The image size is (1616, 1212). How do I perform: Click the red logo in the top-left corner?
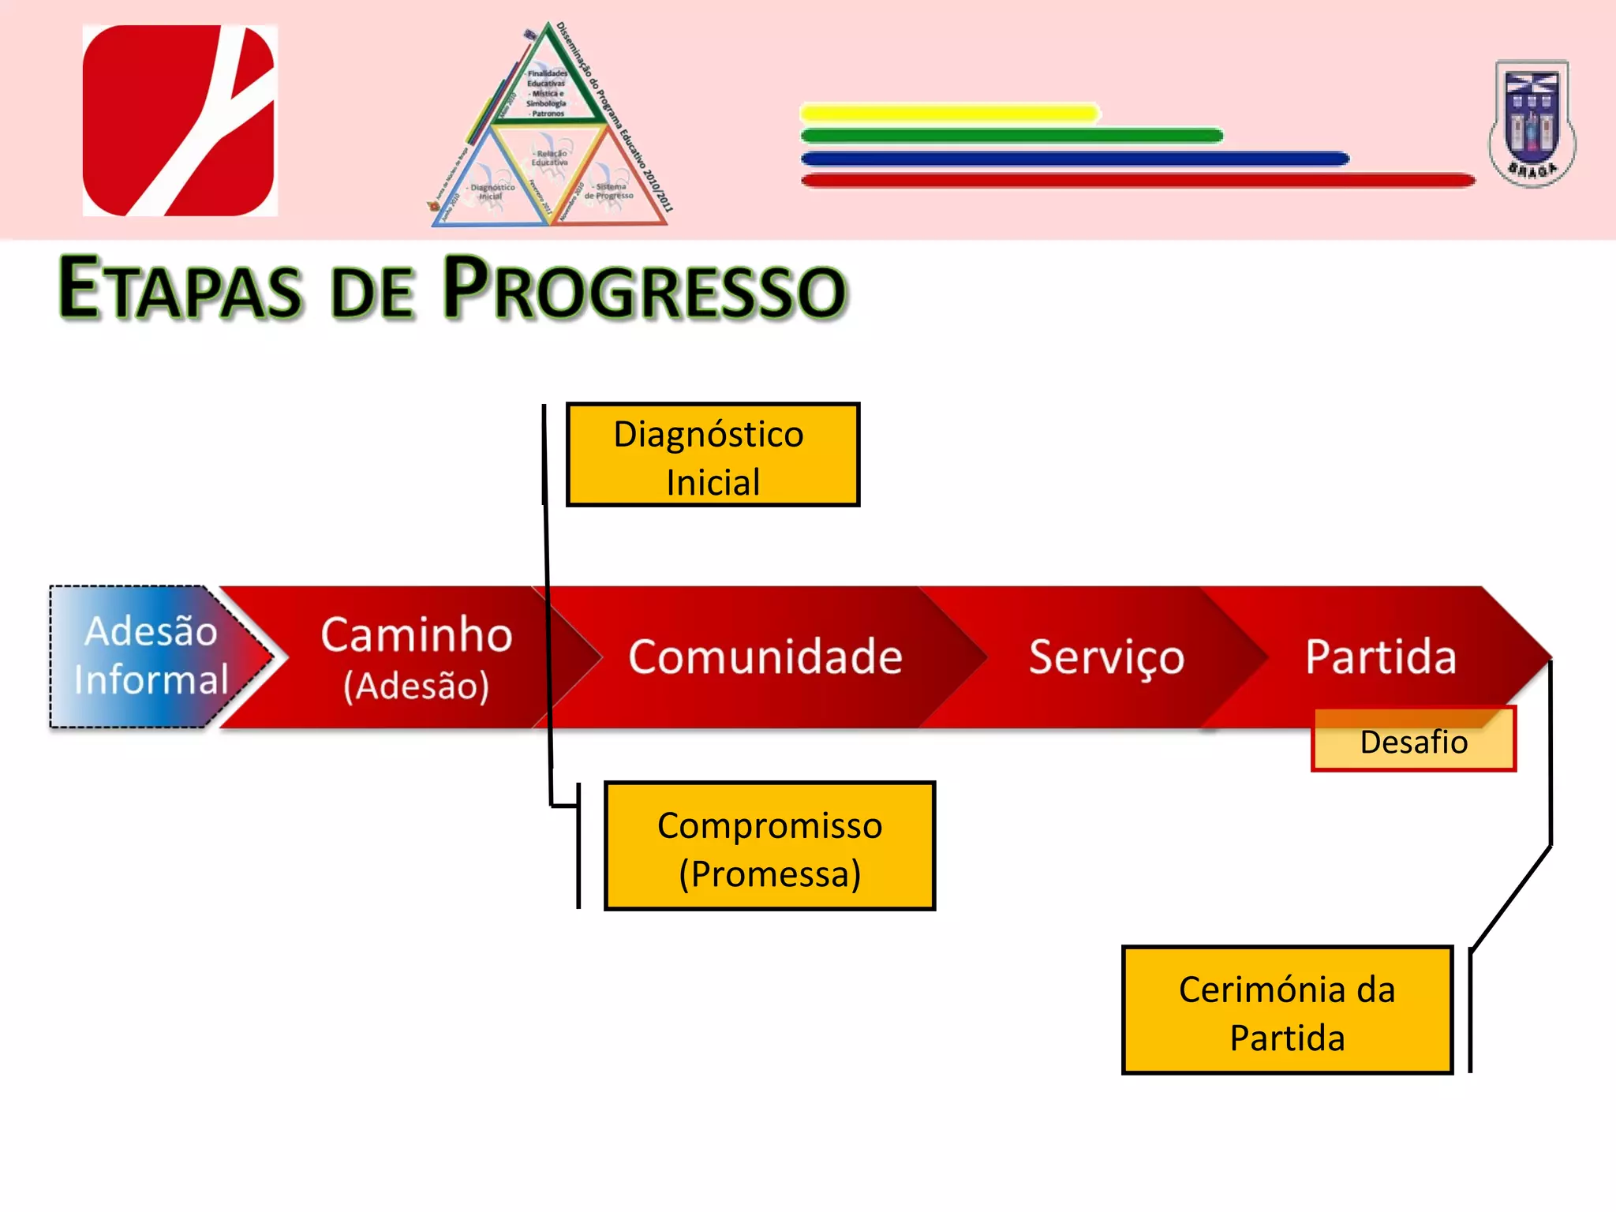pos(180,120)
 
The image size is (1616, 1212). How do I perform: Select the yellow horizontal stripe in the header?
pos(949,113)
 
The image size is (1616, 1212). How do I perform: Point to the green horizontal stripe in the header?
pos(1012,136)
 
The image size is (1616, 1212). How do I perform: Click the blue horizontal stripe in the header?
pos(1075,159)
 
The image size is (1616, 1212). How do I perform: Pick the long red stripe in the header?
pos(1138,181)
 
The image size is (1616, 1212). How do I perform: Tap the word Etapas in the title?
pos(180,289)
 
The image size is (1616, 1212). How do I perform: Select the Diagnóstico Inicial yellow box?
pos(713,455)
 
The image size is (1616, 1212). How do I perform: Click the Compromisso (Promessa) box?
pos(769,846)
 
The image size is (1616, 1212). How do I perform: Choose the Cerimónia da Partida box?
pos(1287,1010)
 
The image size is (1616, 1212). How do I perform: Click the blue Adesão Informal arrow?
pos(150,656)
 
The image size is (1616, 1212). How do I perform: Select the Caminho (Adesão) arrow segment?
pos(416,656)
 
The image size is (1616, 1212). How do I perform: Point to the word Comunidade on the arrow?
pos(765,656)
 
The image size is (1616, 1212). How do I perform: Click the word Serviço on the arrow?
pos(1106,656)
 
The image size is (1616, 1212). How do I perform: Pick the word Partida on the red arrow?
pos(1380,656)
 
